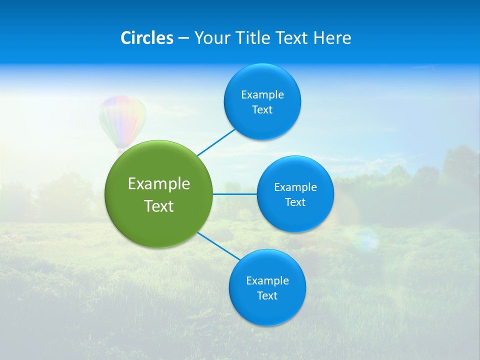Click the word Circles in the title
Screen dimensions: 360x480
pos(147,38)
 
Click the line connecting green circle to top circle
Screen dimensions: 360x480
pos(216,142)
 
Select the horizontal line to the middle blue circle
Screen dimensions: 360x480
pos(234,194)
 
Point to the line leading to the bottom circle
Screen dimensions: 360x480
pos(219,246)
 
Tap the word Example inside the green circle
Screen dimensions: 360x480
pos(159,184)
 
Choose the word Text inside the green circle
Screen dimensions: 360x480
pos(159,206)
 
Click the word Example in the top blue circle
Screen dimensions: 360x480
pos(262,95)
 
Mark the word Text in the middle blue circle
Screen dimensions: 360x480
pos(295,202)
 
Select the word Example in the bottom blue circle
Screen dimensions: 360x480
pos(267,281)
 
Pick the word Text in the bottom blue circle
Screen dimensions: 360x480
pos(267,296)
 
